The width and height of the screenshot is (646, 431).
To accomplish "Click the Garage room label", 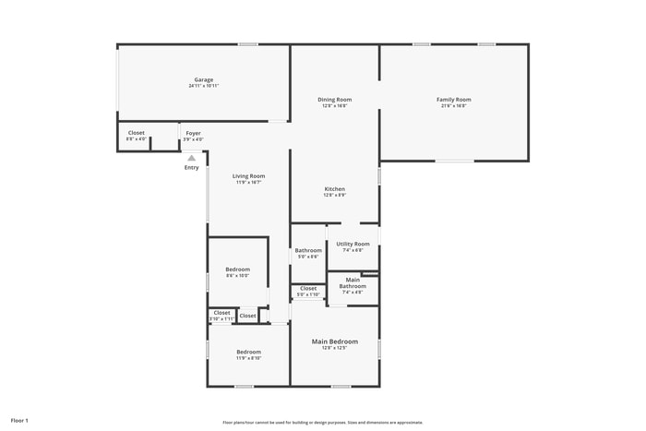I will tap(204, 79).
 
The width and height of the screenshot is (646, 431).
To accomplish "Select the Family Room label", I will tap(453, 100).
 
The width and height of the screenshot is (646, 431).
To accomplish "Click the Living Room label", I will tap(248, 176).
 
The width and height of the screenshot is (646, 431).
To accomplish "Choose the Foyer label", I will tap(193, 133).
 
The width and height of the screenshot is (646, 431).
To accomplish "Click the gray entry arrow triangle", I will tap(191, 158).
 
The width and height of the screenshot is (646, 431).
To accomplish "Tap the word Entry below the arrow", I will tap(191, 167).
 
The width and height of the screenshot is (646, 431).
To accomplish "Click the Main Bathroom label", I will tap(353, 282).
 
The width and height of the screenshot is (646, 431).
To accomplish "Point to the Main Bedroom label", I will tap(334, 341).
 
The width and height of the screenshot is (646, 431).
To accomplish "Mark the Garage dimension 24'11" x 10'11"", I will tap(204, 86).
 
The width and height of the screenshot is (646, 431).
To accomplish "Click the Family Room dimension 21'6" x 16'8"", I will tap(453, 106).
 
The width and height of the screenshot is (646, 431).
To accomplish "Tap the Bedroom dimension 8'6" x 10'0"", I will tap(237, 275).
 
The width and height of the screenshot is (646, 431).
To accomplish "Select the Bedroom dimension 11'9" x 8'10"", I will tap(248, 358).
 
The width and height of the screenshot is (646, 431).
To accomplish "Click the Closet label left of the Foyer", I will tap(136, 133).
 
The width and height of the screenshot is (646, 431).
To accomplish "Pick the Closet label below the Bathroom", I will tap(308, 288).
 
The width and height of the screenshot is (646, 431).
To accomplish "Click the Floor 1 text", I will tap(19, 421).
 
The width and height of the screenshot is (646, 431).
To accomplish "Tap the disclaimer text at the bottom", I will tap(322, 422).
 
